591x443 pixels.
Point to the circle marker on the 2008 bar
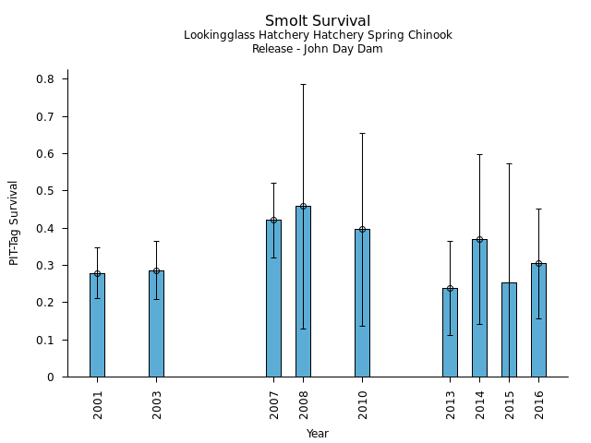(303, 206)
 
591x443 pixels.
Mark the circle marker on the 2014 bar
(479, 239)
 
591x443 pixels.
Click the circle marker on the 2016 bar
(538, 263)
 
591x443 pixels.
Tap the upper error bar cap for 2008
(303, 84)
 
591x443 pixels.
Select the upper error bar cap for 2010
(362, 133)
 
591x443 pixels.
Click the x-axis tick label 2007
(274, 404)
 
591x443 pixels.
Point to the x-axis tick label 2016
(539, 404)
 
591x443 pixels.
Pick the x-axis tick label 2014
(480, 404)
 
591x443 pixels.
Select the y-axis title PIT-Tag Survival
(14, 222)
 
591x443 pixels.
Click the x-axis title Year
(318, 434)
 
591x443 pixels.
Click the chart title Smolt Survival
(318, 21)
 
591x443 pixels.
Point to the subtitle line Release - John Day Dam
(318, 49)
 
